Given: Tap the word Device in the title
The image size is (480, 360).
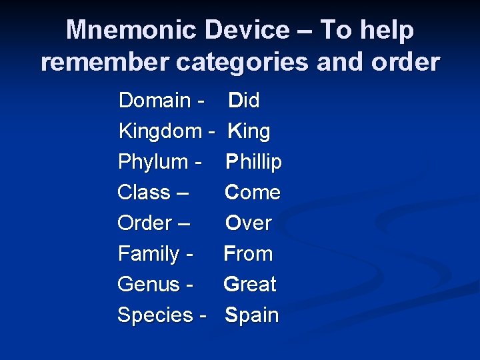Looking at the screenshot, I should point(247,30).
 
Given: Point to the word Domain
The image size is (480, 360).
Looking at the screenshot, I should point(154,101).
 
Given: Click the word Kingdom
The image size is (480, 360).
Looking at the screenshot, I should point(160,131).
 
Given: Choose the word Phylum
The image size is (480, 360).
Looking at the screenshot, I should point(153,162).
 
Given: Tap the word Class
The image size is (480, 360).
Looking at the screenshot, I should point(143,193).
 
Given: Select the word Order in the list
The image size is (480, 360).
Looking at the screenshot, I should point(144,223).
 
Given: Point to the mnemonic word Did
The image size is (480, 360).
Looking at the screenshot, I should point(244,101).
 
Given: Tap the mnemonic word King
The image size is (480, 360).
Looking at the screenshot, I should point(249,131).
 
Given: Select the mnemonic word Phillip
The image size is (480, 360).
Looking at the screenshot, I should point(253,162).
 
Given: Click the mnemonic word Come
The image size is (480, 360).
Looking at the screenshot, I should point(253,193).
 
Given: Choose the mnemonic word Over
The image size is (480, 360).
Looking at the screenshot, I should point(248,223).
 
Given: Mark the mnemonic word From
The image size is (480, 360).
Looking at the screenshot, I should point(248,254).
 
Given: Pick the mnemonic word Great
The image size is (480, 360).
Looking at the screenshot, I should point(250,285).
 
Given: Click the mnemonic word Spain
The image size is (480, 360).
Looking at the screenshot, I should point(251,315).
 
